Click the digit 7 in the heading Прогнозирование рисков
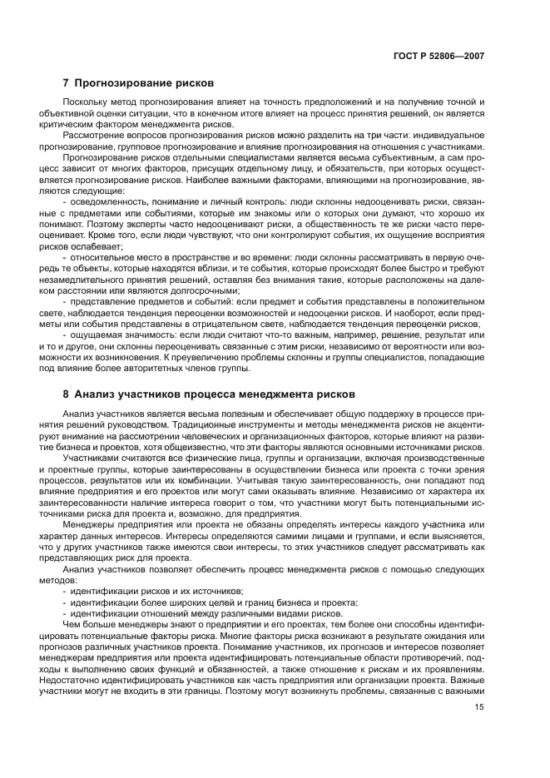tap(67, 83)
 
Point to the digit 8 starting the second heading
tap(67, 394)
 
